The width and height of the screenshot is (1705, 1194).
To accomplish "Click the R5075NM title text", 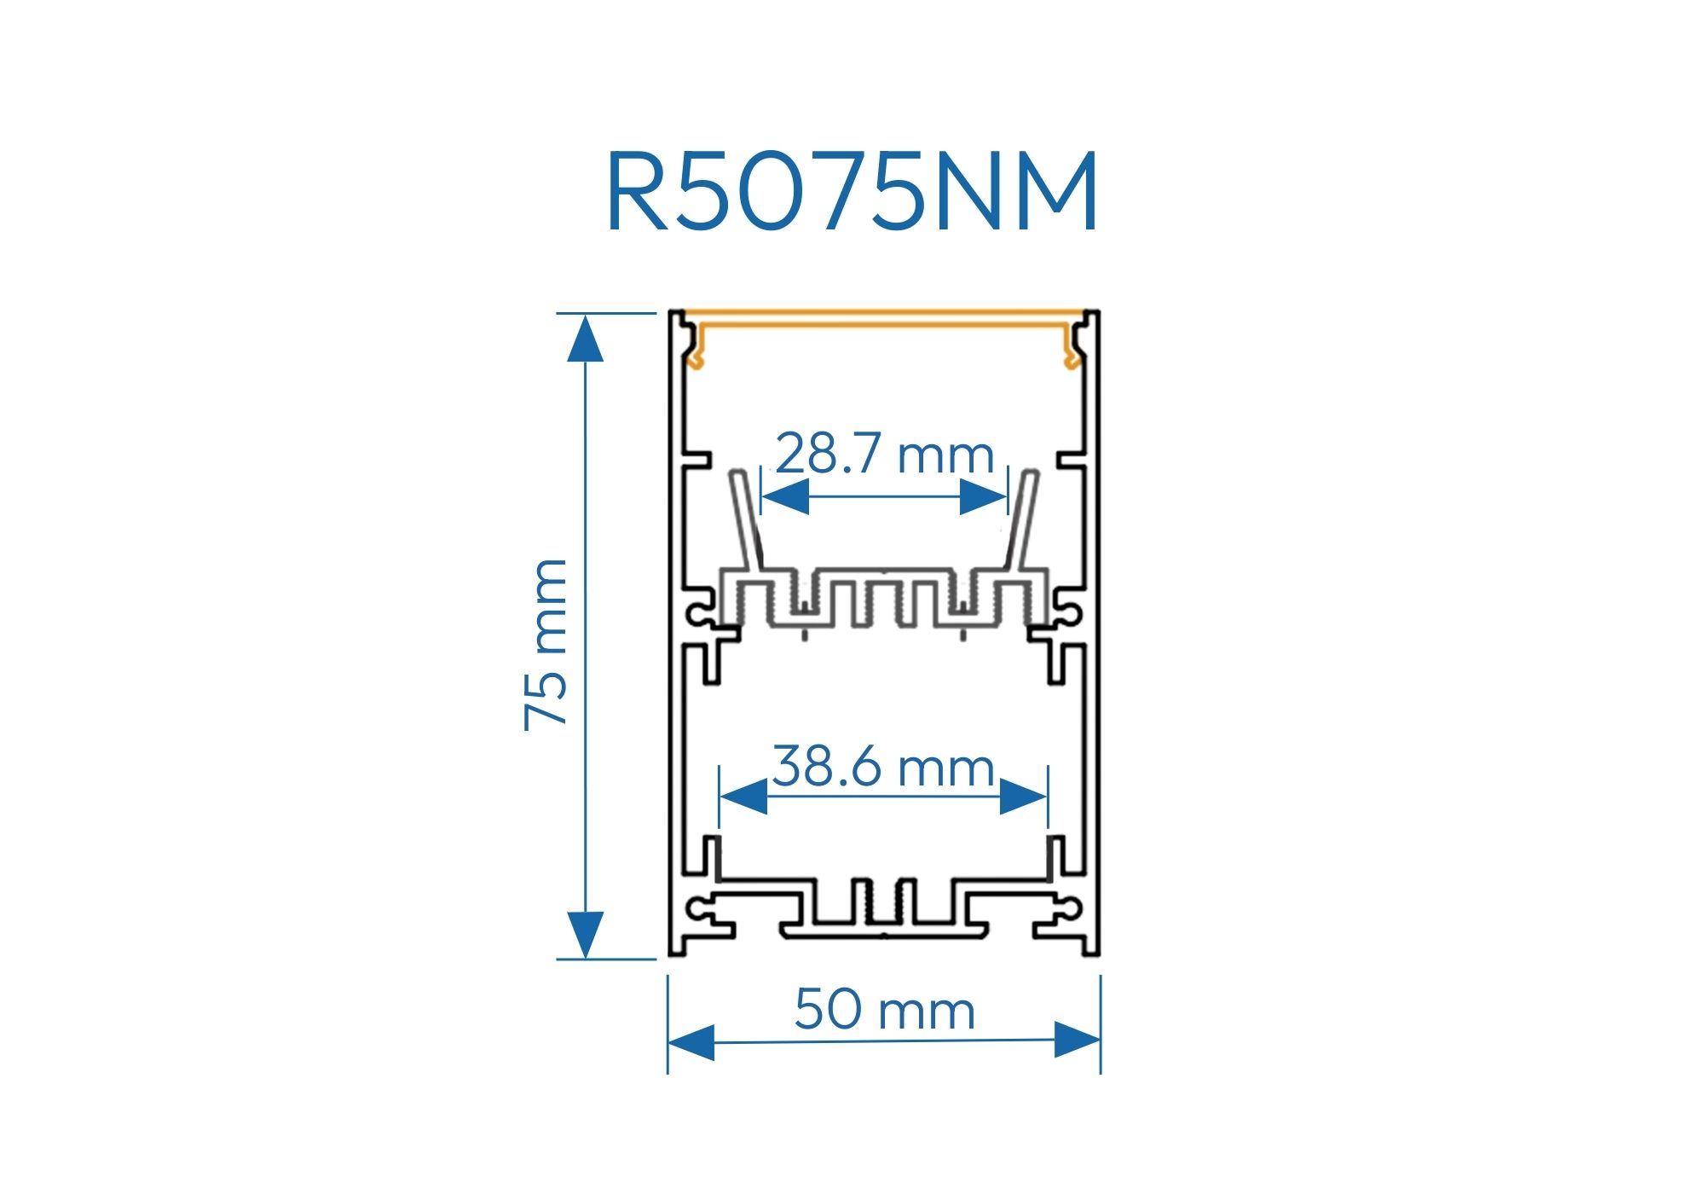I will pyautogui.click(x=852, y=191).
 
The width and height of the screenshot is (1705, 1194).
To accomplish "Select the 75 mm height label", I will pyautogui.click(x=546, y=644).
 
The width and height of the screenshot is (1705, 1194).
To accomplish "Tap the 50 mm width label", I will pyautogui.click(x=884, y=1010).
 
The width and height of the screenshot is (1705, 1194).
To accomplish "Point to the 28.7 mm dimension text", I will pyautogui.click(x=885, y=454).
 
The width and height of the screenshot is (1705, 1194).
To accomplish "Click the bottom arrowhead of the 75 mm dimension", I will pyautogui.click(x=585, y=935).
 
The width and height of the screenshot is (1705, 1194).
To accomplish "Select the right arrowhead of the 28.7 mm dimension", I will pyautogui.click(x=983, y=496).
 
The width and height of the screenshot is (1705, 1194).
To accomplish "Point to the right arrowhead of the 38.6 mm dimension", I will pyautogui.click(x=1023, y=796).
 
